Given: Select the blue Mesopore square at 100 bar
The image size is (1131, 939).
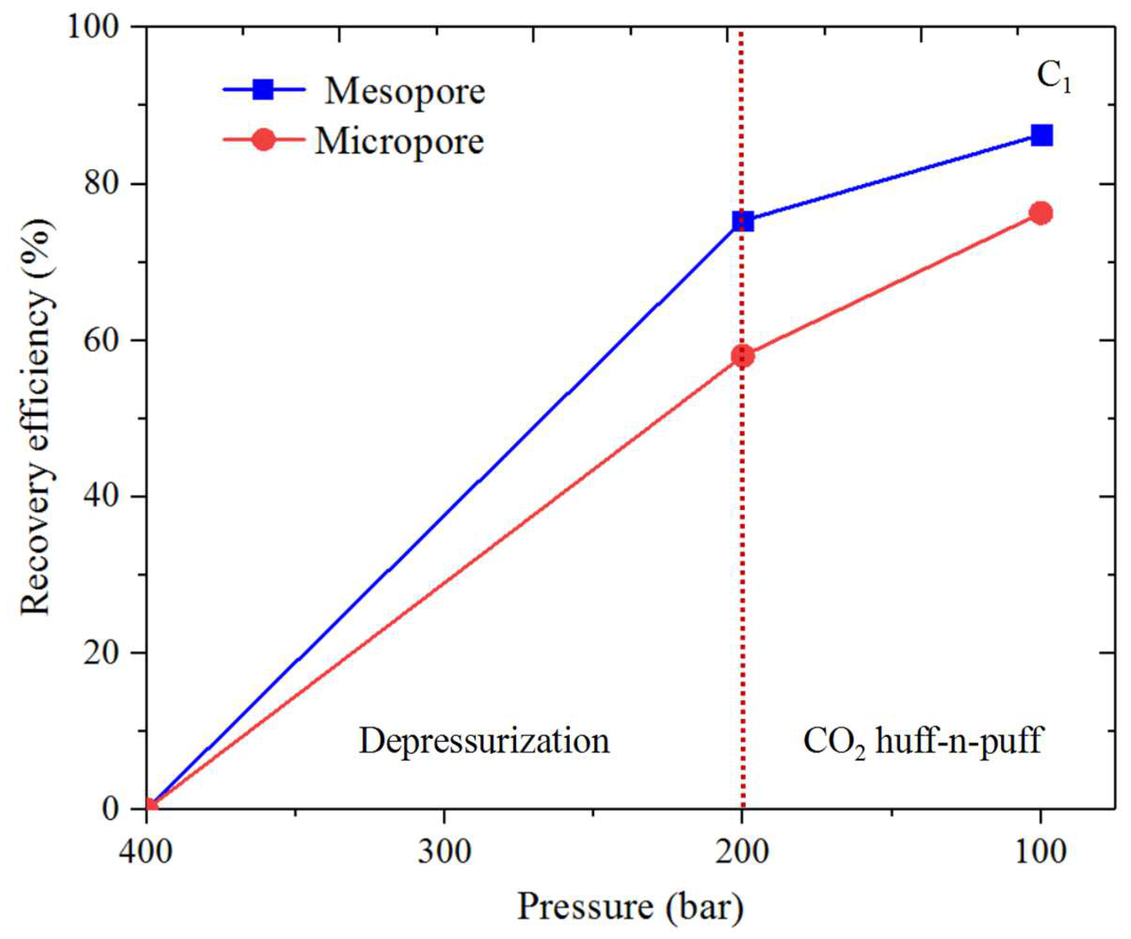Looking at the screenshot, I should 1041,135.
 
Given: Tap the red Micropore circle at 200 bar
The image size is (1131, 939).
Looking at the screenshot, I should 743,356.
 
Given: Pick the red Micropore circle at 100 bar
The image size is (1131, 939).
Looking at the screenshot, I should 1041,213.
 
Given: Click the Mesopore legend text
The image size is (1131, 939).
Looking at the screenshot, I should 405,92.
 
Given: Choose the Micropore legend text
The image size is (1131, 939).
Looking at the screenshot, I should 399,142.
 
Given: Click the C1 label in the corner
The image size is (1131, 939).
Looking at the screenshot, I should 1053,79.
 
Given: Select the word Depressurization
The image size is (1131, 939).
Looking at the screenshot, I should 484,741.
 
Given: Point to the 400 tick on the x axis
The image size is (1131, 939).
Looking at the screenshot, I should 146,853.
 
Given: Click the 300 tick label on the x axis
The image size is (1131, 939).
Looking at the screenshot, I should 444,853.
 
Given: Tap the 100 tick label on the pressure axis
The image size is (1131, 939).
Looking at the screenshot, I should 1040,853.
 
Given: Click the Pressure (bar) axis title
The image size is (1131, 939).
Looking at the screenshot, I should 630,907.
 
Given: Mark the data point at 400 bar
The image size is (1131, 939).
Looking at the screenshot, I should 150,807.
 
